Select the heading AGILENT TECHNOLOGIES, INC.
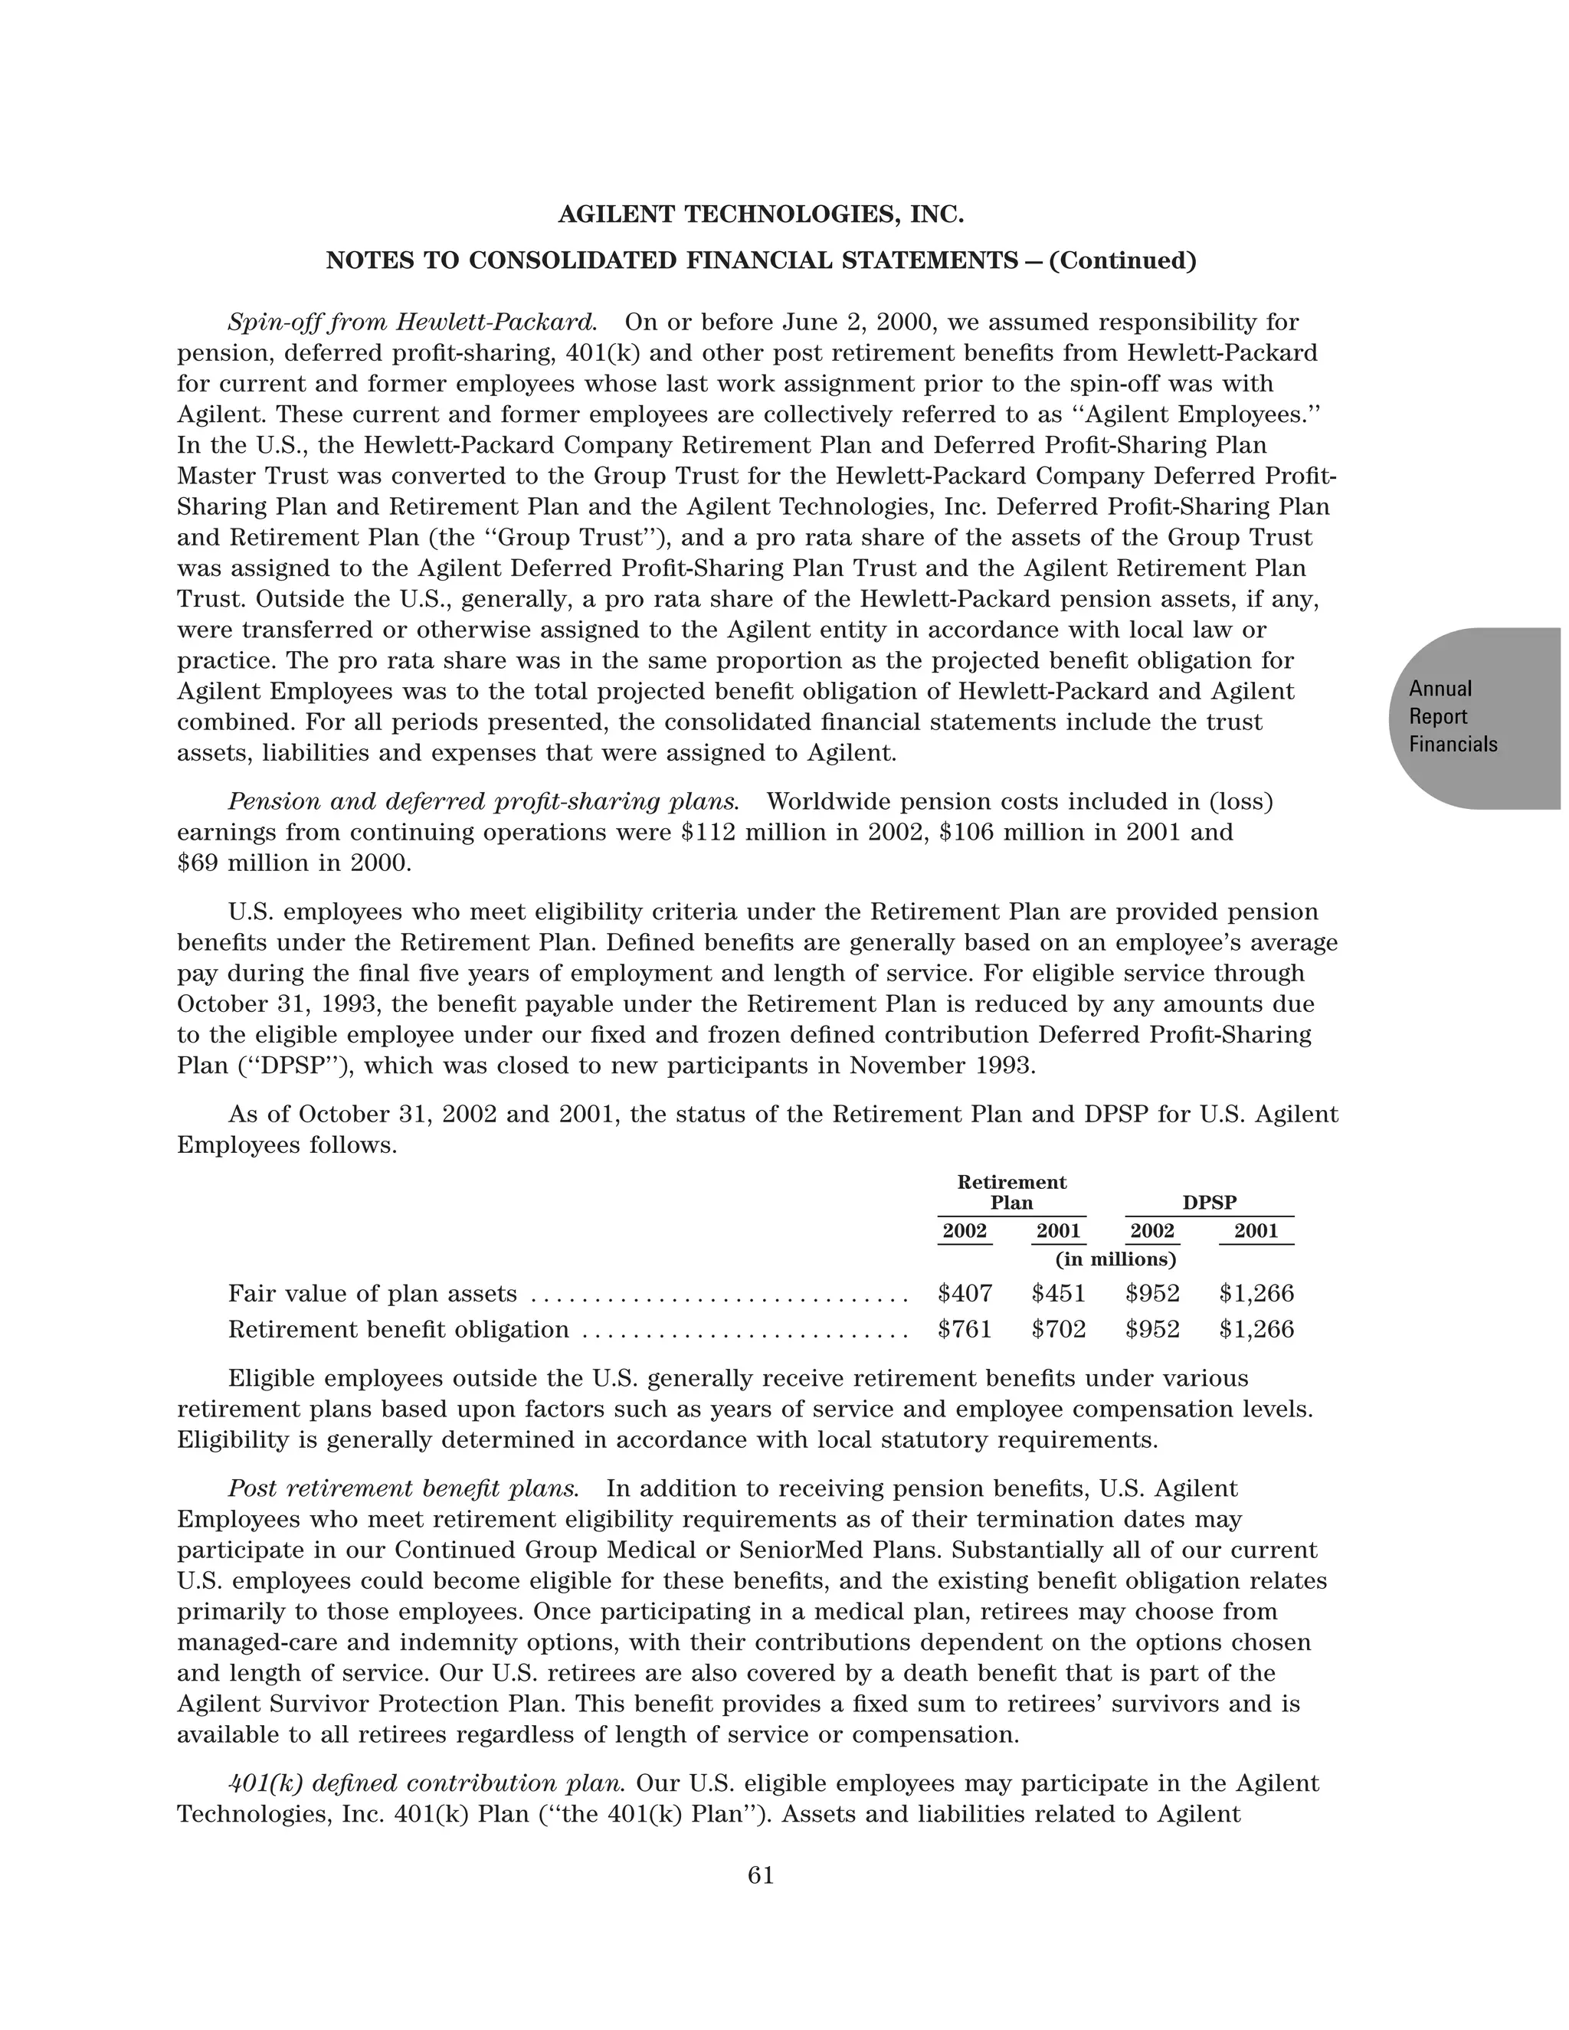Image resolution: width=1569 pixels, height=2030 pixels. click(760, 214)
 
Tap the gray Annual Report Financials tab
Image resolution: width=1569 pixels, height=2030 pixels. click(1469, 717)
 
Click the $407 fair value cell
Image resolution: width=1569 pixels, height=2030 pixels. click(965, 1293)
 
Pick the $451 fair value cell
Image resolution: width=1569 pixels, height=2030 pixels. click(1059, 1293)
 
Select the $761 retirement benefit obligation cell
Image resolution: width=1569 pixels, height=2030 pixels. click(965, 1329)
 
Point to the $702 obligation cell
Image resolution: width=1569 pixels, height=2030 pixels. click(1059, 1329)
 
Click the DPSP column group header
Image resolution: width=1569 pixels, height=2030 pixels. click(1209, 1203)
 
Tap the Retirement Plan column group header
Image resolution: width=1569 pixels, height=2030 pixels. click(1011, 1193)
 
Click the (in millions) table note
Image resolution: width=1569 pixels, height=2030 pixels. click(1115, 1259)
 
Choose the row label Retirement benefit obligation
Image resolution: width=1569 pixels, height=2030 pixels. click(398, 1329)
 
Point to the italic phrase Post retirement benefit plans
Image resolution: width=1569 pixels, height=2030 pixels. click(404, 1488)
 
